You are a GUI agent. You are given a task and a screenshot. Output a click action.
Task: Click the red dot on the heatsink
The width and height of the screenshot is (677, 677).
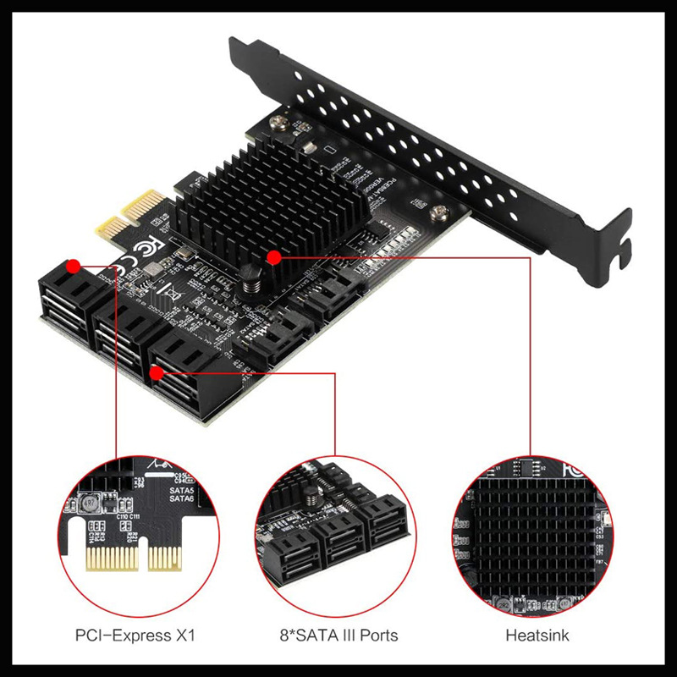272,256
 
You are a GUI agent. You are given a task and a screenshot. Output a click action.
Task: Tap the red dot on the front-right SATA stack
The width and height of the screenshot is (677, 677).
156,372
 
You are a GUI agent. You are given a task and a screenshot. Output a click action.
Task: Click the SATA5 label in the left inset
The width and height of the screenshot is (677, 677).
182,488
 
